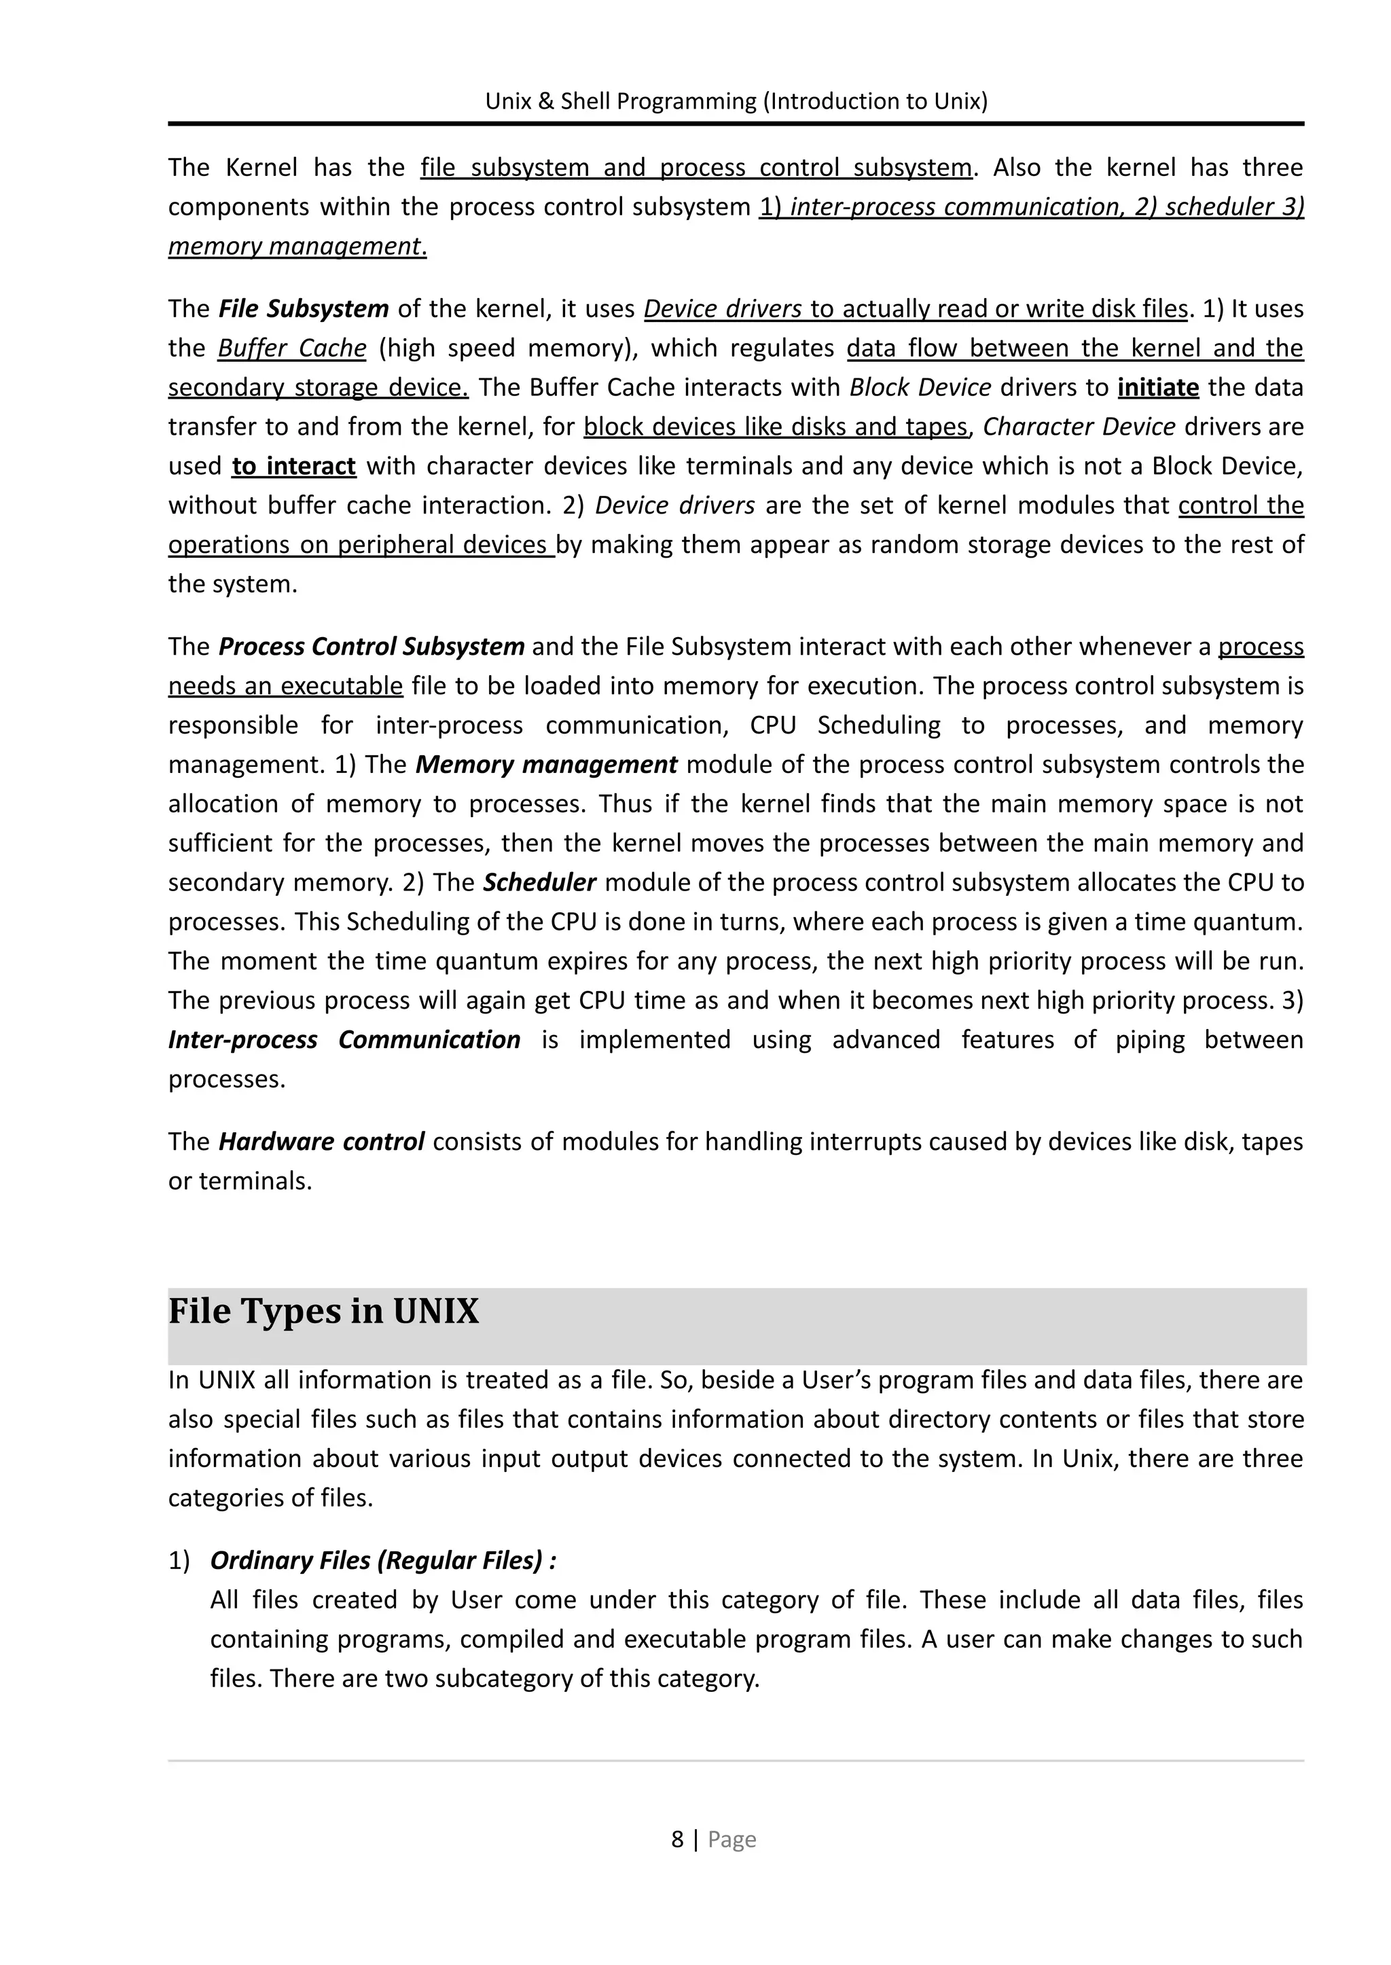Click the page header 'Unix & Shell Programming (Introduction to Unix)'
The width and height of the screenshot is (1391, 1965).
pos(736,102)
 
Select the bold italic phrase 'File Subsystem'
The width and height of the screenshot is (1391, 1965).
pos(303,308)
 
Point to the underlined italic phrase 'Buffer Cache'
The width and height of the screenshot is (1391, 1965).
pos(291,348)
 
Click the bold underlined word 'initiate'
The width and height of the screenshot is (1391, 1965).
pos(1157,387)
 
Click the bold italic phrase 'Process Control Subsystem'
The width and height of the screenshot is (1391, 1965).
pos(371,646)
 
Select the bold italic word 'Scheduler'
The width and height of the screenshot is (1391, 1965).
pos(539,882)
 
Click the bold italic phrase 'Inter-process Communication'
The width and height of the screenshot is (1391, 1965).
pos(344,1040)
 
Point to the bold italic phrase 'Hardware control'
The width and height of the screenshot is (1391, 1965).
pos(321,1142)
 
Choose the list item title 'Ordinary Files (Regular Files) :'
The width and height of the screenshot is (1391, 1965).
pos(383,1561)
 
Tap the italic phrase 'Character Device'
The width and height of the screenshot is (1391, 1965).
pos(1079,427)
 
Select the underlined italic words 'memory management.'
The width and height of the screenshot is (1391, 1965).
pos(297,247)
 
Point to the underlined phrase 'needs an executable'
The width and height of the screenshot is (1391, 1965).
pos(285,685)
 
